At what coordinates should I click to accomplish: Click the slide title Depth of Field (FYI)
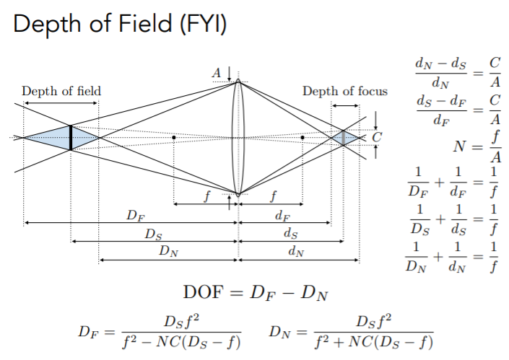pos(120,24)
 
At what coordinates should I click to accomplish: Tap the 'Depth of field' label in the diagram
pos(61,91)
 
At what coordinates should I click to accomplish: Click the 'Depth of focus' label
pos(345,91)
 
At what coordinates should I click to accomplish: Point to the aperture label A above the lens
pos(217,73)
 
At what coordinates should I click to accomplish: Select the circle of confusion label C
pos(377,137)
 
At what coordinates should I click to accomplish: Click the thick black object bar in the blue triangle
pos(71,138)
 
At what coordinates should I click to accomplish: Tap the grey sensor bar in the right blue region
pos(343,138)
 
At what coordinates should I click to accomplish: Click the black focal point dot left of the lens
pos(174,138)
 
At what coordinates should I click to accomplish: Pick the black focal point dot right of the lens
pos(303,138)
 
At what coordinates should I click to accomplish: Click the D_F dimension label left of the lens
pos(135,216)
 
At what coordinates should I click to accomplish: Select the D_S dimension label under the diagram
pos(153,234)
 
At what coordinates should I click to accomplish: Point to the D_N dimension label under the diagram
pos(168,251)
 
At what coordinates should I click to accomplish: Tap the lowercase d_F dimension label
pos(282,216)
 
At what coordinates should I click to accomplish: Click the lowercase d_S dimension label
pos(291,234)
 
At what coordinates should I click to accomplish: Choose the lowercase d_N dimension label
pos(297,251)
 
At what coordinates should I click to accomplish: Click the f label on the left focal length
pos(206,196)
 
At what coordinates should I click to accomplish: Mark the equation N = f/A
pos(477,146)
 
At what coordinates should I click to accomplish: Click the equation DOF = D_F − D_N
pos(256,292)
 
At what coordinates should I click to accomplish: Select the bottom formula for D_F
pos(160,331)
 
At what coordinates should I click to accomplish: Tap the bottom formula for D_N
pos(351,331)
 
